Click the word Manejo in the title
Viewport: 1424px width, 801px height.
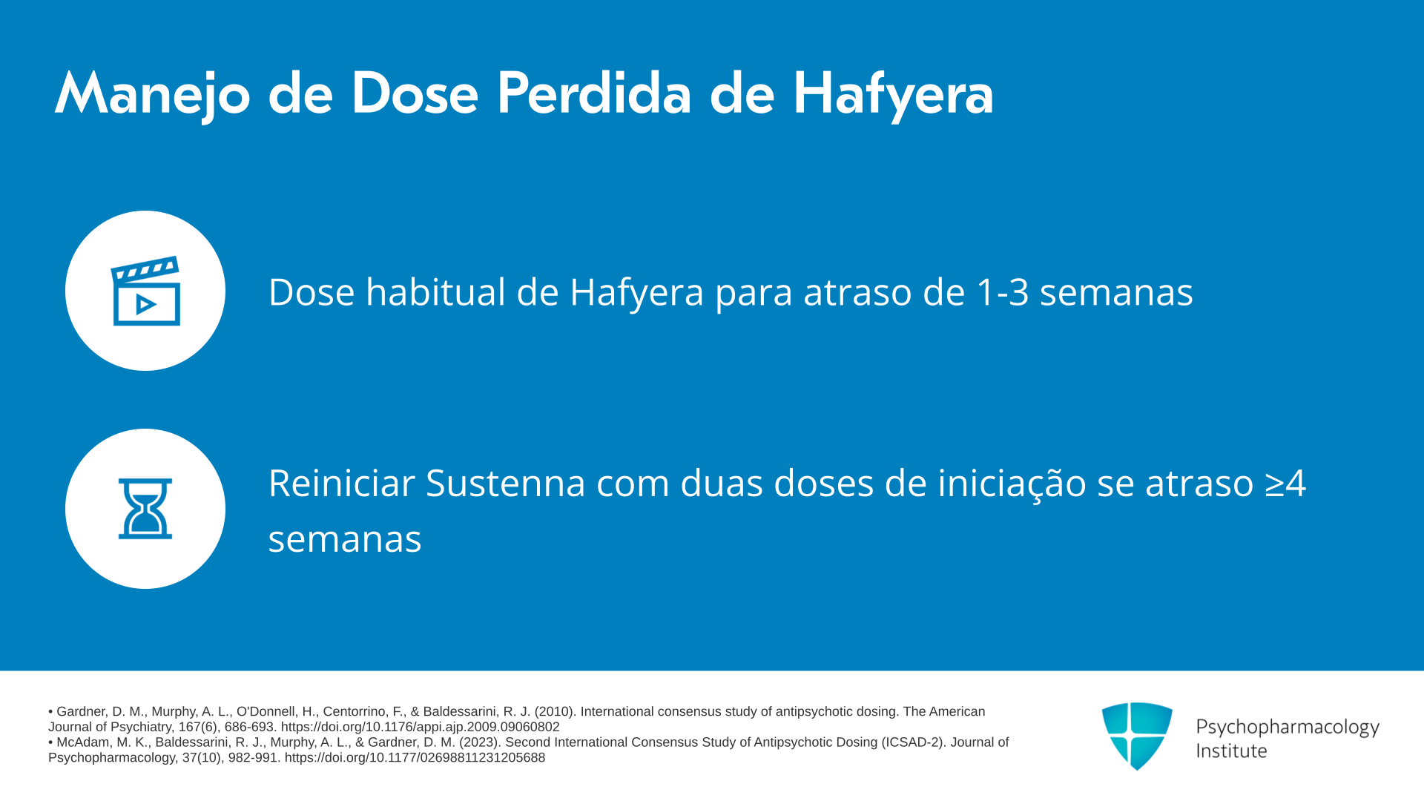point(153,94)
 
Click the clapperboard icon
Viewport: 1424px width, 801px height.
point(145,291)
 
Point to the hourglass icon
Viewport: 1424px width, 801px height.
point(145,509)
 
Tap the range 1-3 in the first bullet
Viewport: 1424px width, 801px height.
point(1003,291)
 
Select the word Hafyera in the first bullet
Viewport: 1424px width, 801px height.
point(636,293)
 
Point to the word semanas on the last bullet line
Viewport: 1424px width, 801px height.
point(345,539)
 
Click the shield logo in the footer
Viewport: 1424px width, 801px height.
point(1137,736)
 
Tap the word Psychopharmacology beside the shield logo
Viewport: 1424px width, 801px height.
point(1288,728)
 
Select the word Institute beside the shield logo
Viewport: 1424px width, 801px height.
point(1231,751)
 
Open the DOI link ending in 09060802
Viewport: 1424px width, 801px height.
point(420,728)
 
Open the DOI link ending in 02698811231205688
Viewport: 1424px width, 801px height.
point(415,758)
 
